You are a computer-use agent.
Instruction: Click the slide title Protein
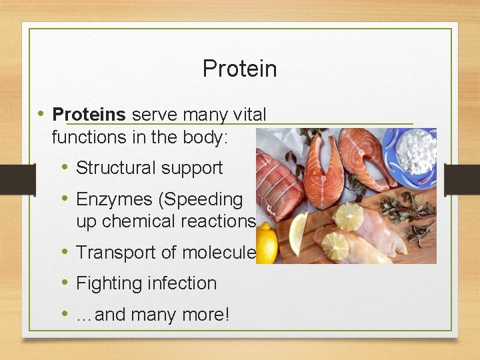coord(239,69)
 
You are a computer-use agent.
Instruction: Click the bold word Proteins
coord(89,115)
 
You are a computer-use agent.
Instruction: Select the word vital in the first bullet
coord(249,115)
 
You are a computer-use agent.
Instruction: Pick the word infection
coord(183,283)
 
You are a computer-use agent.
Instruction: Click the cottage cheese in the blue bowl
coord(415,150)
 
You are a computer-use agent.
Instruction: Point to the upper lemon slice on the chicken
coord(349,215)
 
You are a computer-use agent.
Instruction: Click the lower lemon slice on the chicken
coord(335,245)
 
